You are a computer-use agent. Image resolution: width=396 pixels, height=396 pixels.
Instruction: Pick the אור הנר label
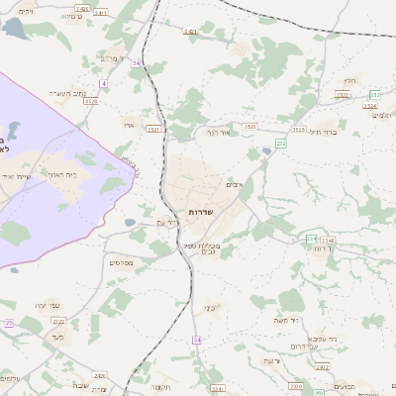tap(218, 131)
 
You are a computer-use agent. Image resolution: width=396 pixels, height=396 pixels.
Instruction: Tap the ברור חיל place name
tap(324, 131)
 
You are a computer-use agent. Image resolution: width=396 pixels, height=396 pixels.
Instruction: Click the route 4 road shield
tap(103, 84)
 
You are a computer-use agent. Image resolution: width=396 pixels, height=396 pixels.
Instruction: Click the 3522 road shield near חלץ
tap(343, 95)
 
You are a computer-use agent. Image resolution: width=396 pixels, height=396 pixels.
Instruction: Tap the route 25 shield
tap(8, 323)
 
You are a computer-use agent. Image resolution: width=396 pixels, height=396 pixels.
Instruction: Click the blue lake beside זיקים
tap(15, 28)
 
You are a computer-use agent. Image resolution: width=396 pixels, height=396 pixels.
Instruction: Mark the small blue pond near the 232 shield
tap(266, 152)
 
